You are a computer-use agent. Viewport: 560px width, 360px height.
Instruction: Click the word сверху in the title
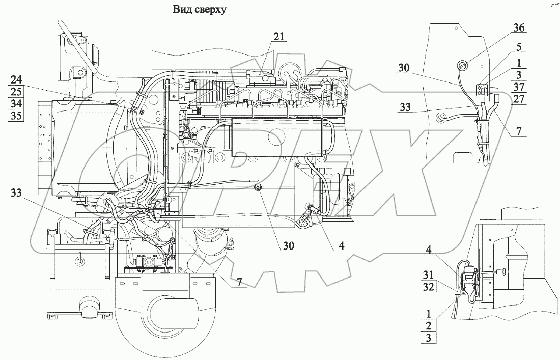(x=207, y=9)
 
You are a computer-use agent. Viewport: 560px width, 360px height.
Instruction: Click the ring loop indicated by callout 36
(x=464, y=65)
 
